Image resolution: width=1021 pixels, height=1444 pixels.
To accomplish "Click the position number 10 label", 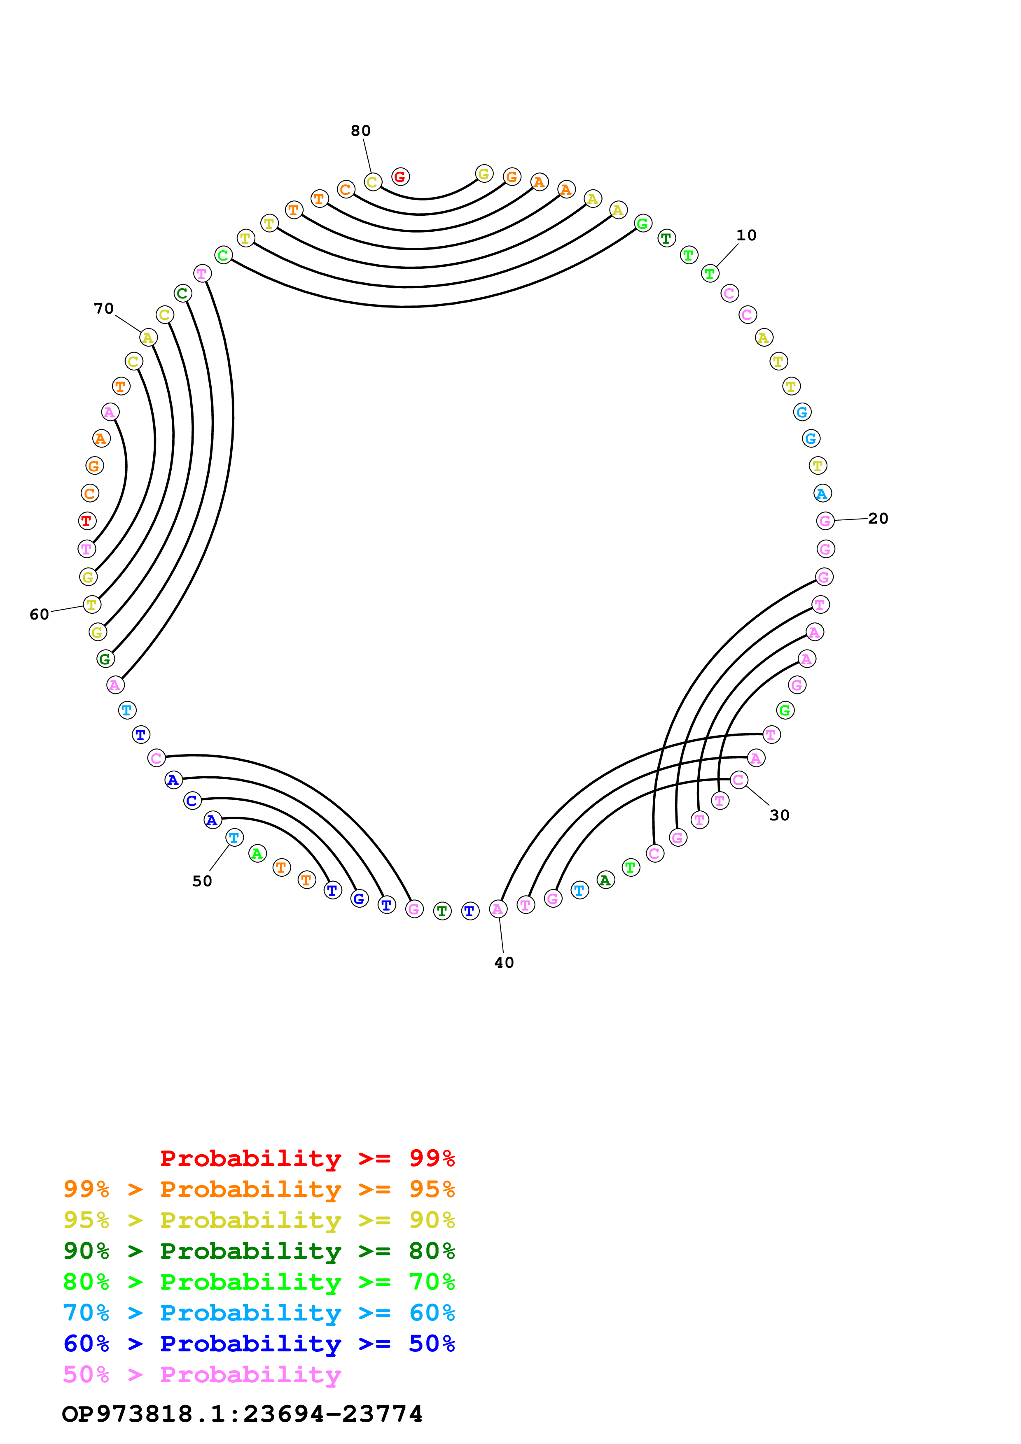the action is point(746,235).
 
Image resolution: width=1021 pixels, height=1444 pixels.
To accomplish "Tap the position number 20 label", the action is point(878,518).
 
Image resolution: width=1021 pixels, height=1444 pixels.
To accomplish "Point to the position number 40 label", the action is point(504,962).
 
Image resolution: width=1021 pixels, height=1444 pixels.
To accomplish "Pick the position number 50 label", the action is point(202,881).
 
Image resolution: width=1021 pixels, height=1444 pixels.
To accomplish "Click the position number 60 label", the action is point(39,615).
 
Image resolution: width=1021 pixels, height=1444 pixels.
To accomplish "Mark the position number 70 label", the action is point(104,309).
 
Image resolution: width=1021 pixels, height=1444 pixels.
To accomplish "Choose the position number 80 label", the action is point(360,131).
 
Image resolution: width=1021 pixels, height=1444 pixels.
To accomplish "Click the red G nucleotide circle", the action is point(400,177).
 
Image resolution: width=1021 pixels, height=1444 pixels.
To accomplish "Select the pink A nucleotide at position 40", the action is point(498,909).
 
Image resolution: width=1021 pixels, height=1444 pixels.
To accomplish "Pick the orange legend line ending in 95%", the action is point(259,1189).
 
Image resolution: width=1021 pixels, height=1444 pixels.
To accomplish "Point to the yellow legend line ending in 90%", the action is point(259,1220).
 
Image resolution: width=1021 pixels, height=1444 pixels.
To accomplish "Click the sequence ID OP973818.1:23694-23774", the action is point(242,1413).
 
